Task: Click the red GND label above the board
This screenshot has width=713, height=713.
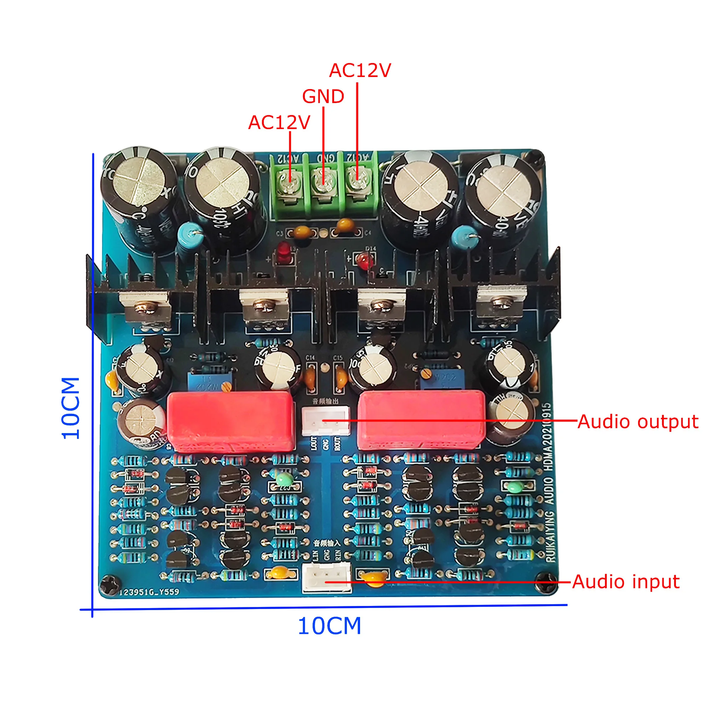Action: coord(323,97)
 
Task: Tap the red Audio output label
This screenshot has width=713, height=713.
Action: coord(638,421)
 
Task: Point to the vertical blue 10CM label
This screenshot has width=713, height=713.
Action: coord(71,408)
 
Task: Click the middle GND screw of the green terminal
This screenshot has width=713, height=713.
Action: coord(323,182)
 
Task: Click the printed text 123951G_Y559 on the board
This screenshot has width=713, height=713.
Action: coord(149,592)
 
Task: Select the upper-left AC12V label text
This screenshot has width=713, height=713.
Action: coord(279,123)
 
